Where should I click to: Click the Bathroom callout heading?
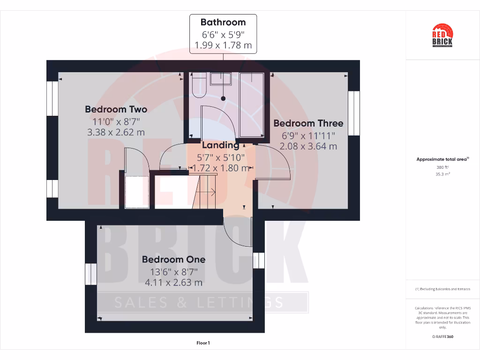point(223,22)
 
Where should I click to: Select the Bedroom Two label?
point(116,109)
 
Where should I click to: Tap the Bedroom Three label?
point(308,123)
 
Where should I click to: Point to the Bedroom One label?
point(173,259)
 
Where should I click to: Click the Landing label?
point(220,145)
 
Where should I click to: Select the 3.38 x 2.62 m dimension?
point(116,132)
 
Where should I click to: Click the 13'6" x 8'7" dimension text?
point(173,271)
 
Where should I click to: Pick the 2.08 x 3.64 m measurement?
point(308,146)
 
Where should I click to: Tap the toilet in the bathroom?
point(198,84)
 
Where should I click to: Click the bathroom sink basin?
point(221,78)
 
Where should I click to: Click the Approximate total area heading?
point(442,159)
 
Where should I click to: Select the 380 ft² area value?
point(442,167)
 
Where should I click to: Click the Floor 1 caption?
point(203,343)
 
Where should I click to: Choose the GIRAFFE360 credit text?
point(442,337)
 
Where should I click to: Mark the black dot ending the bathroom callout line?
point(223,98)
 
